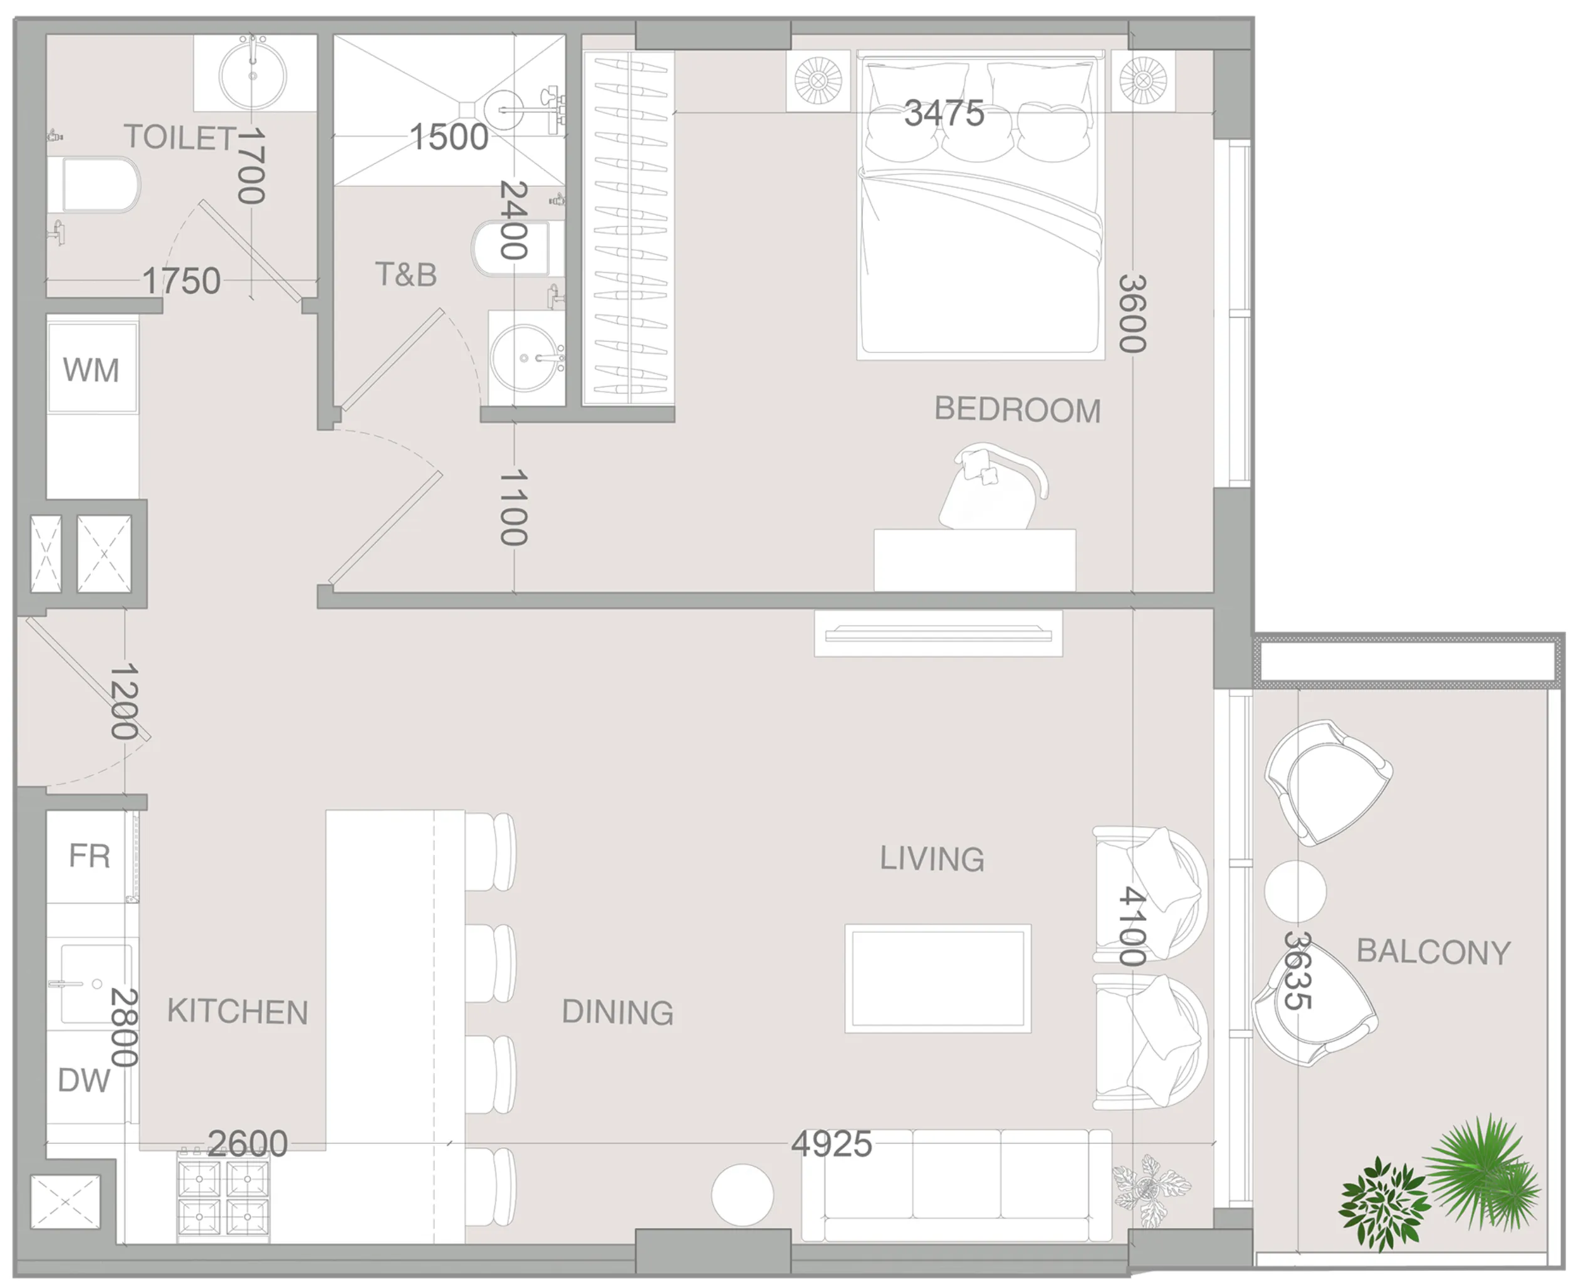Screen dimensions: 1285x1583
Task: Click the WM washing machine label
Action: (x=91, y=370)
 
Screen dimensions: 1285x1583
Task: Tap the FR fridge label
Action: (x=90, y=856)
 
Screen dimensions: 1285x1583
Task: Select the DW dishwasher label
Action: (x=83, y=1081)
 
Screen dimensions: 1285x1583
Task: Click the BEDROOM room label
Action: (x=1017, y=410)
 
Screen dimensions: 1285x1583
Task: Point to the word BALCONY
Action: (x=1433, y=952)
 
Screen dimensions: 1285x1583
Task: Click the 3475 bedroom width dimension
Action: (x=944, y=113)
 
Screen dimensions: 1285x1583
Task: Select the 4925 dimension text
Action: (x=831, y=1145)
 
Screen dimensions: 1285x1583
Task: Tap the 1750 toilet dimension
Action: (x=181, y=281)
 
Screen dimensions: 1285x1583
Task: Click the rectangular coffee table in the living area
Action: (x=938, y=978)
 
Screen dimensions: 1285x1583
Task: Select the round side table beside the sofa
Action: (x=742, y=1195)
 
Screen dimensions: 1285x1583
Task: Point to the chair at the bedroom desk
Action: (x=991, y=488)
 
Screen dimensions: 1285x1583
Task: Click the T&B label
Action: (x=406, y=275)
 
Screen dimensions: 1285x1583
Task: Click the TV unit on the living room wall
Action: (x=938, y=634)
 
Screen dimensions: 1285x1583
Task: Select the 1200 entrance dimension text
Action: (x=123, y=701)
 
